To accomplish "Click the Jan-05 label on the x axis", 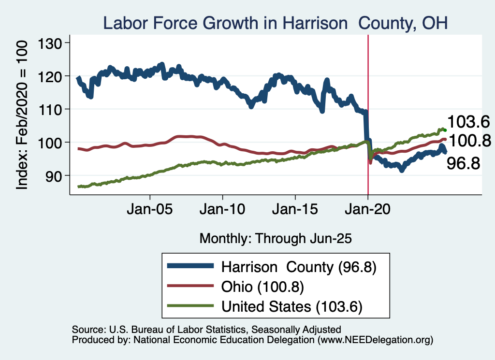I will click(150, 211).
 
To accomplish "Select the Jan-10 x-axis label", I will click(222, 211).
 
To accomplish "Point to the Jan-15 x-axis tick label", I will click(295, 211).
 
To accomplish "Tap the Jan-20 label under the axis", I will click(368, 211).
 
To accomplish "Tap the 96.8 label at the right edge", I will click(463, 163).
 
